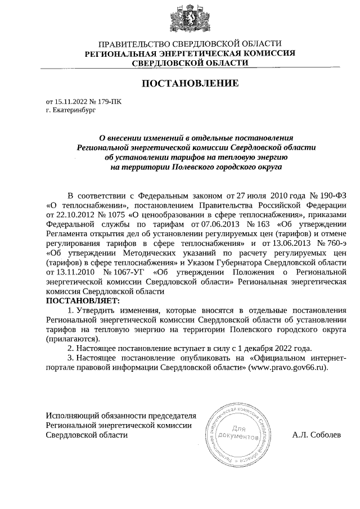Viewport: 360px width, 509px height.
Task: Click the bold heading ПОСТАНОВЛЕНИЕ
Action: tap(190, 84)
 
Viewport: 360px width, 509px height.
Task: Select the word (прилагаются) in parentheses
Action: tap(73, 339)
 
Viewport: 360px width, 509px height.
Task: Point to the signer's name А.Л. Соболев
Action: tap(317, 435)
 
